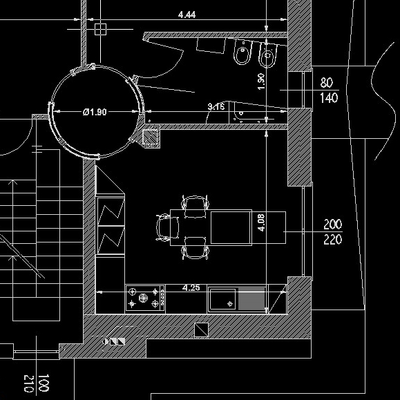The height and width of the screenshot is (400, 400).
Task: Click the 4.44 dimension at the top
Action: click(187, 15)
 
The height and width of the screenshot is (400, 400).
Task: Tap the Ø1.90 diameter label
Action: click(95, 112)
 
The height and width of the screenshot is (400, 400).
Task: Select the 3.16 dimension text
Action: click(216, 106)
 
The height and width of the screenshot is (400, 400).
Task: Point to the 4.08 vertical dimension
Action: click(261, 222)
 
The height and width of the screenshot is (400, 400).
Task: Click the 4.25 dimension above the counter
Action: click(191, 288)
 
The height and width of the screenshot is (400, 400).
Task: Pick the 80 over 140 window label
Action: click(329, 91)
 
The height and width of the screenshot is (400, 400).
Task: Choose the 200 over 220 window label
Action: click(333, 232)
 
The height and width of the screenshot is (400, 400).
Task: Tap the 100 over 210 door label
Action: click(36, 383)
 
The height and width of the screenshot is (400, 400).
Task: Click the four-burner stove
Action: click(144, 298)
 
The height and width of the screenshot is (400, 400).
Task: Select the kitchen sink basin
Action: click(222, 298)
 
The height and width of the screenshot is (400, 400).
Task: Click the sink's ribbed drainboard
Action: click(251, 297)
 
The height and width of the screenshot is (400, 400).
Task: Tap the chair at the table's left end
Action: click(167, 227)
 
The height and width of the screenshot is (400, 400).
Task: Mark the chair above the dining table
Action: click(195, 207)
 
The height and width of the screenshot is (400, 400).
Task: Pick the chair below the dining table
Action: click(195, 248)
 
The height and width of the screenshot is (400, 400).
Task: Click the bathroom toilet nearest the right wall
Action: click(267, 55)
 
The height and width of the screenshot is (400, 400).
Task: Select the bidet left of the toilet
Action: click(242, 52)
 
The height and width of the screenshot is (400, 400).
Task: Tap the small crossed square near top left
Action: click(100, 29)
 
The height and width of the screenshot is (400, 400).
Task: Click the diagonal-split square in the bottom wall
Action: click(201, 330)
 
